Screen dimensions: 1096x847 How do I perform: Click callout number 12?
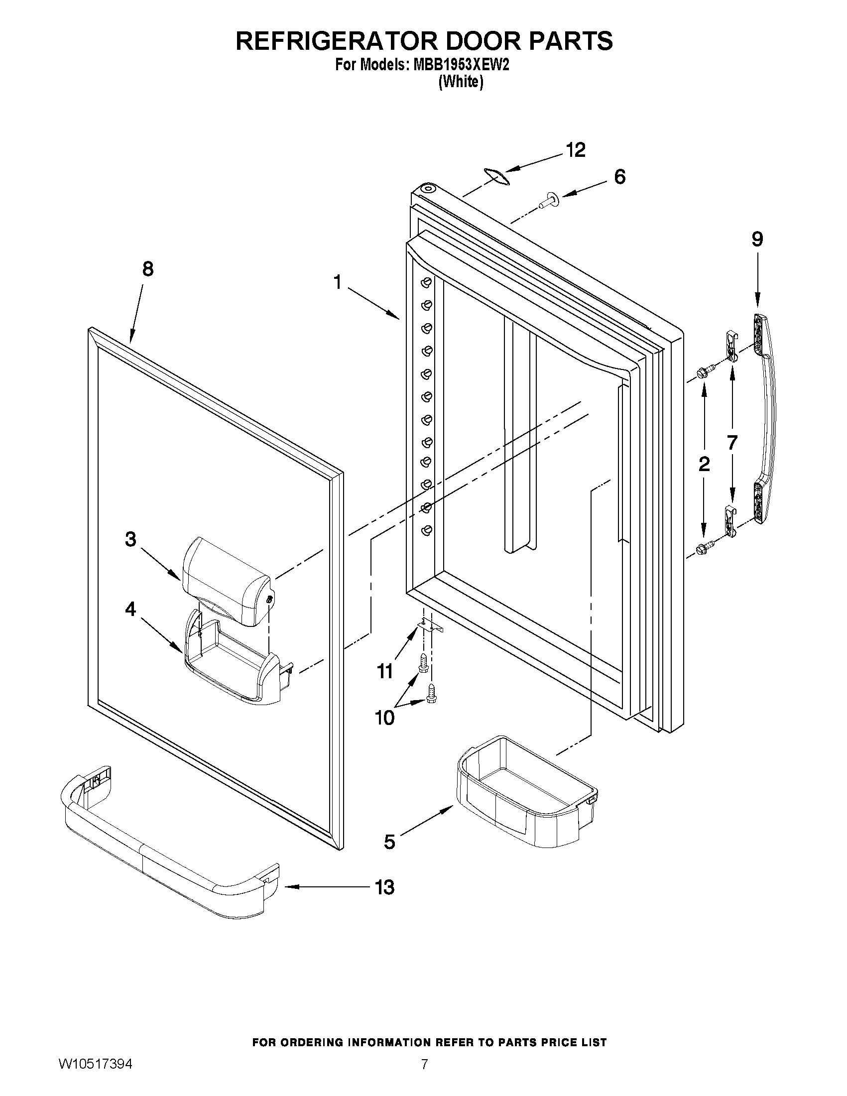[576, 150]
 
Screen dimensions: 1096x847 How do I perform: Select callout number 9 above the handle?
[757, 240]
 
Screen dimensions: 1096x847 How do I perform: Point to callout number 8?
[147, 269]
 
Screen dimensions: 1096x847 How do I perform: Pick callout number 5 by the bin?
[389, 841]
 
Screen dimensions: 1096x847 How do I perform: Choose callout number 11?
[385, 671]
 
